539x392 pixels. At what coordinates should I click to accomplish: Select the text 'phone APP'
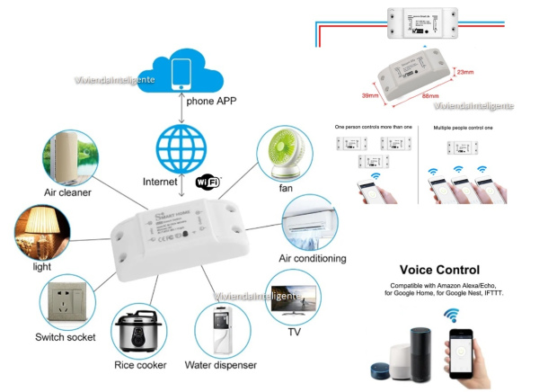pos(212,101)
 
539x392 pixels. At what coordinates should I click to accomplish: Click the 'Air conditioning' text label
pos(313,259)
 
